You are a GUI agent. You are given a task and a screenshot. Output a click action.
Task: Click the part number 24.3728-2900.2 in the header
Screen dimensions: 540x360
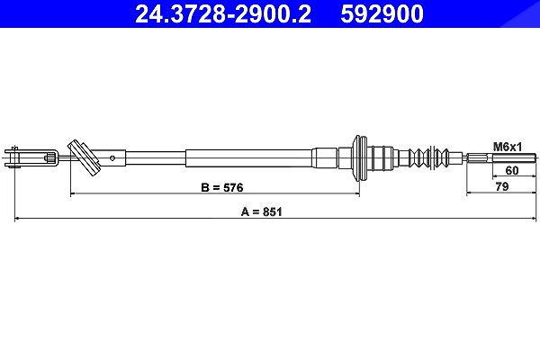[x=223, y=13]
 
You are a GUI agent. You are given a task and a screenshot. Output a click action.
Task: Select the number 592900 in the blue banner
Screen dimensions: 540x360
[x=382, y=13]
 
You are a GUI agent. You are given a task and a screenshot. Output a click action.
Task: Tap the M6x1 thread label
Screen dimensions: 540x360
[x=508, y=147]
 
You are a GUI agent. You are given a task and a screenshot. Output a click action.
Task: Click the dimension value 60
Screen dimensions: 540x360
[x=511, y=170]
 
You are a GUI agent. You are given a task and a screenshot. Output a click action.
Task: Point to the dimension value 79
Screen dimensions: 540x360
[x=502, y=186]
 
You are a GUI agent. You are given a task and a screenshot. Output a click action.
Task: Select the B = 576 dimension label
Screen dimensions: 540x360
[x=222, y=187]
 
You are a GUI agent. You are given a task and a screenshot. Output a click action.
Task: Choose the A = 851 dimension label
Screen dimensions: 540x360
[x=261, y=211]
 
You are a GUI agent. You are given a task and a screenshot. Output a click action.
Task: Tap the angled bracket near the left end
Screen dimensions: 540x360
[x=84, y=158]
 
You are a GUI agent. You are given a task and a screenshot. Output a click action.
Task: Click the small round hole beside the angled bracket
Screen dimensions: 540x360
[x=112, y=158]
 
